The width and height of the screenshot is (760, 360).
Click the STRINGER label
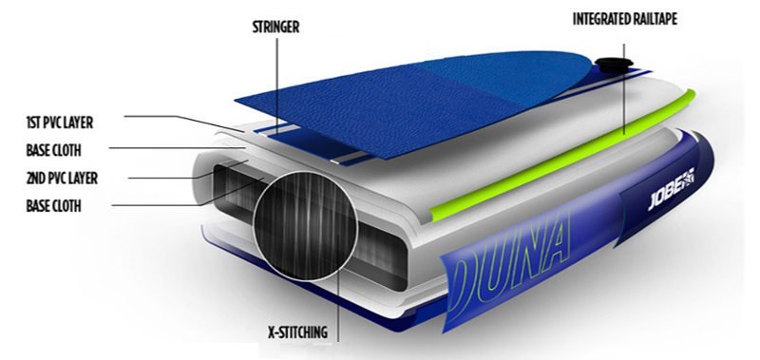(x=275, y=28)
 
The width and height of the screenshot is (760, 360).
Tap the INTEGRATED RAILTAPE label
(x=625, y=19)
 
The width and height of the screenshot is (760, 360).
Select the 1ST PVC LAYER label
(x=59, y=123)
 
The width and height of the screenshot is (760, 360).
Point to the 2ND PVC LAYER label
(x=62, y=179)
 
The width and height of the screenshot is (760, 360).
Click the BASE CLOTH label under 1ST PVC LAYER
(x=53, y=151)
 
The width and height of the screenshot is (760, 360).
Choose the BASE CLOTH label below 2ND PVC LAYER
(x=53, y=206)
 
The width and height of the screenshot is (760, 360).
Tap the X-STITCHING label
(x=297, y=332)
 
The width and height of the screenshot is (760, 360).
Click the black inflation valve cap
(x=614, y=64)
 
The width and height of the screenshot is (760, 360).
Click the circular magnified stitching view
(x=305, y=226)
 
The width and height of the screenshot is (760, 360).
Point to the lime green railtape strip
(x=562, y=156)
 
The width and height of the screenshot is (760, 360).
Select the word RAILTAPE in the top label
(x=655, y=19)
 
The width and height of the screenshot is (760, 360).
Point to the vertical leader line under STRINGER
(x=277, y=86)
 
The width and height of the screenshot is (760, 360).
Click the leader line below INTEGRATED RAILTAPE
(x=624, y=88)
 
